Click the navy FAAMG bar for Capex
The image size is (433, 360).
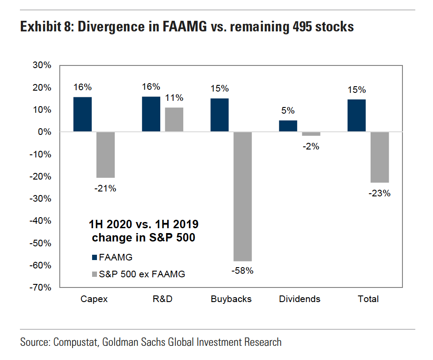coord(82,114)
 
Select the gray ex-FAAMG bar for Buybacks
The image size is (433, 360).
coord(242,196)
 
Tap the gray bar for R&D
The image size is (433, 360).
coord(174,119)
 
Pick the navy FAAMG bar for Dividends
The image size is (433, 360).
coord(288,126)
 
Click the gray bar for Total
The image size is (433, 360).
coord(379,157)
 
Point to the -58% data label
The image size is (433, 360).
coord(242,271)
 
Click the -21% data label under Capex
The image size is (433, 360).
coord(105,188)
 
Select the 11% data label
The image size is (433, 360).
coord(174,98)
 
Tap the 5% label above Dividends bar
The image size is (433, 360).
coord(288,111)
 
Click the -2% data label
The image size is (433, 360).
coord(311,146)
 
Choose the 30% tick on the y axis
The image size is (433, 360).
coord(43,65)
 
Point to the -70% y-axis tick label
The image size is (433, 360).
coord(41,287)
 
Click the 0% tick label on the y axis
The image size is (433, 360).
coord(45,132)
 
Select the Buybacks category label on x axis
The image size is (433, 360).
coord(231,299)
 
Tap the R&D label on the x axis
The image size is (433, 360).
coord(162,299)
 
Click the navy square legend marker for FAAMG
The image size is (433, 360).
coord(94,257)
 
